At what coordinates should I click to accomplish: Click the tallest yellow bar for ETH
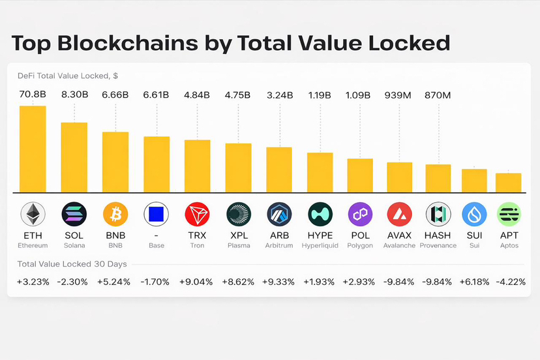33,149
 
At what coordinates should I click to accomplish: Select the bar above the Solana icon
74,157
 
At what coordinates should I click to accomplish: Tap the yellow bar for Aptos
508,183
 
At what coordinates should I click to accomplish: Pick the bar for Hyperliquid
320,172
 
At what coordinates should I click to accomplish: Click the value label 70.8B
33,95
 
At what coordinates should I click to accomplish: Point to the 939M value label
399,95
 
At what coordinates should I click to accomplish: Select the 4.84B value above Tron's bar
197,95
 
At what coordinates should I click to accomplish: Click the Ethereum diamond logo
33,214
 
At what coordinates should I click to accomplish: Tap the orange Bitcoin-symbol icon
115,214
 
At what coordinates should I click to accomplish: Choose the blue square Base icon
156,214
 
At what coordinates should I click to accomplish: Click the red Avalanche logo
399,214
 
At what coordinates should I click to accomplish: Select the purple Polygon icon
359,214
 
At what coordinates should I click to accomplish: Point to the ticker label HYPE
320,235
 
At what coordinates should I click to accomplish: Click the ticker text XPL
238,235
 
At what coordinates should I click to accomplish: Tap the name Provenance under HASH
438,246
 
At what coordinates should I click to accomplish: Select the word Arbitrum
279,246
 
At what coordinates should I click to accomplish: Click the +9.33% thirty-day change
279,282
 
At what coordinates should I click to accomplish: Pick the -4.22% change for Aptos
508,282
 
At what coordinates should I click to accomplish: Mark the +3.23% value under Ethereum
33,282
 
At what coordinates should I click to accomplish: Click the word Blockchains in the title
128,43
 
